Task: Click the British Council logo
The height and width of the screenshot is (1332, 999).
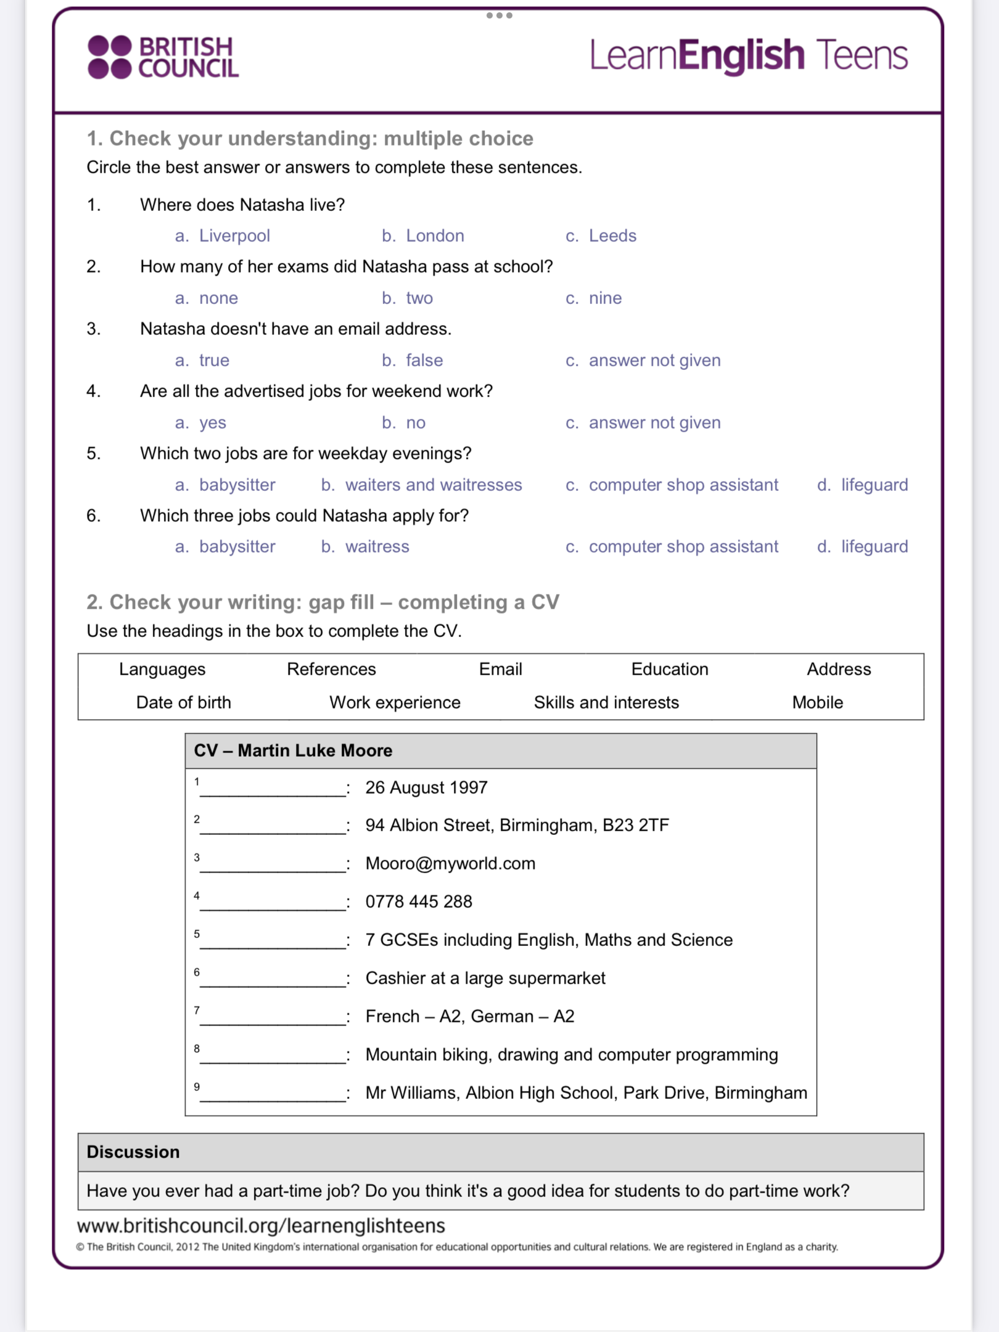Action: point(163,57)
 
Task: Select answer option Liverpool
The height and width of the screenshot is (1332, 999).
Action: point(234,236)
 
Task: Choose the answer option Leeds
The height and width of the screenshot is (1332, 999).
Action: point(612,236)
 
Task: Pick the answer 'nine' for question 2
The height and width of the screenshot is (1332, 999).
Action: point(604,298)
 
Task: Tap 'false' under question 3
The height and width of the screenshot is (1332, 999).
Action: point(424,360)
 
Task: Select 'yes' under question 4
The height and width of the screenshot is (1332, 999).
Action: point(212,422)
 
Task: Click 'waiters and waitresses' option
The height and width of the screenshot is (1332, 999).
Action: point(433,485)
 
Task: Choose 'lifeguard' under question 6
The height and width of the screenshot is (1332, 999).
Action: point(874,546)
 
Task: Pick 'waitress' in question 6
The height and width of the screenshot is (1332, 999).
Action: point(377,546)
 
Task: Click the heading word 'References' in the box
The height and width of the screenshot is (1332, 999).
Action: point(331,669)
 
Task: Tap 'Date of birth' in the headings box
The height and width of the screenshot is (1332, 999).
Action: point(183,702)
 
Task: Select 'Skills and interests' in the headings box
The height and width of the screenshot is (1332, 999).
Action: point(606,702)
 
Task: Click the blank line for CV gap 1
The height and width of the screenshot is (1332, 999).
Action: point(273,791)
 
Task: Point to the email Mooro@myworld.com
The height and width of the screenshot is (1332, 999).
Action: point(450,863)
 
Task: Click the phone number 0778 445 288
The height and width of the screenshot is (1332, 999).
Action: point(419,902)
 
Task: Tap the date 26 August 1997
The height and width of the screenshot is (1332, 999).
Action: point(426,787)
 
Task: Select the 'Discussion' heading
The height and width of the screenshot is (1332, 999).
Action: point(133,1152)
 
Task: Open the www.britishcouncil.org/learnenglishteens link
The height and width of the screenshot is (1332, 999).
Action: point(261,1225)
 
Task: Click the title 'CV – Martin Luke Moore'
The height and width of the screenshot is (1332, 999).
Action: point(293,750)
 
